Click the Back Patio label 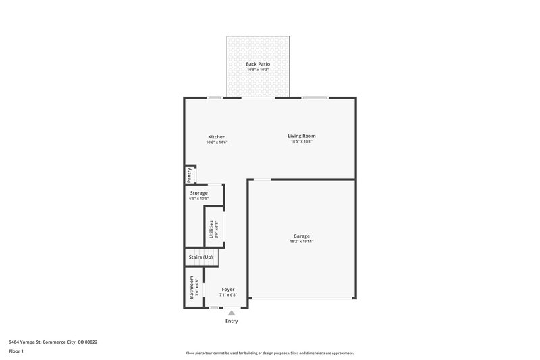(x=258, y=64)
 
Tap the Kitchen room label (x=217, y=137)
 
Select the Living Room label (x=303, y=136)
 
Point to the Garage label (x=302, y=236)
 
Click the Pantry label (x=190, y=174)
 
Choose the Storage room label (x=198, y=193)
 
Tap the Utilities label (x=211, y=229)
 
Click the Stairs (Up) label (x=200, y=257)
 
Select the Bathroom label (x=192, y=287)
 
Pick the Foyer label (x=228, y=289)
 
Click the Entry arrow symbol (x=232, y=313)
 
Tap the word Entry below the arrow (x=232, y=321)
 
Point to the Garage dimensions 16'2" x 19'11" (x=302, y=242)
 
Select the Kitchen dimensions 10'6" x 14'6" (x=217, y=143)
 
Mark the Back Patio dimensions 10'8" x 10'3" (x=258, y=70)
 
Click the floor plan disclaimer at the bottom (x=270, y=353)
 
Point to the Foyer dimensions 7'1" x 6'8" (x=228, y=295)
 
